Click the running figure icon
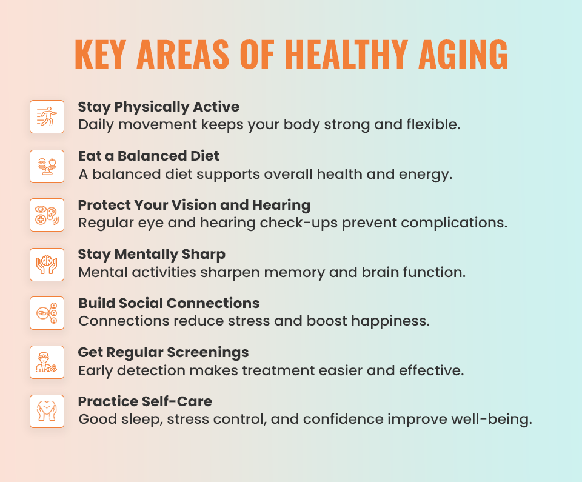pos(47,116)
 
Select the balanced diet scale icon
pos(47,166)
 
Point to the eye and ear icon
pos(47,215)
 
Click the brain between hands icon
pos(47,264)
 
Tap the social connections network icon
pos(47,313)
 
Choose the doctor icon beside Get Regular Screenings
pos(47,362)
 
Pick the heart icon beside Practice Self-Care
pos(47,411)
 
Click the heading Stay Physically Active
pos(159,107)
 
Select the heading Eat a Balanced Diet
pos(149,156)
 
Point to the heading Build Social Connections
pos(169,303)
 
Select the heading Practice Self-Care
pos(145,401)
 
